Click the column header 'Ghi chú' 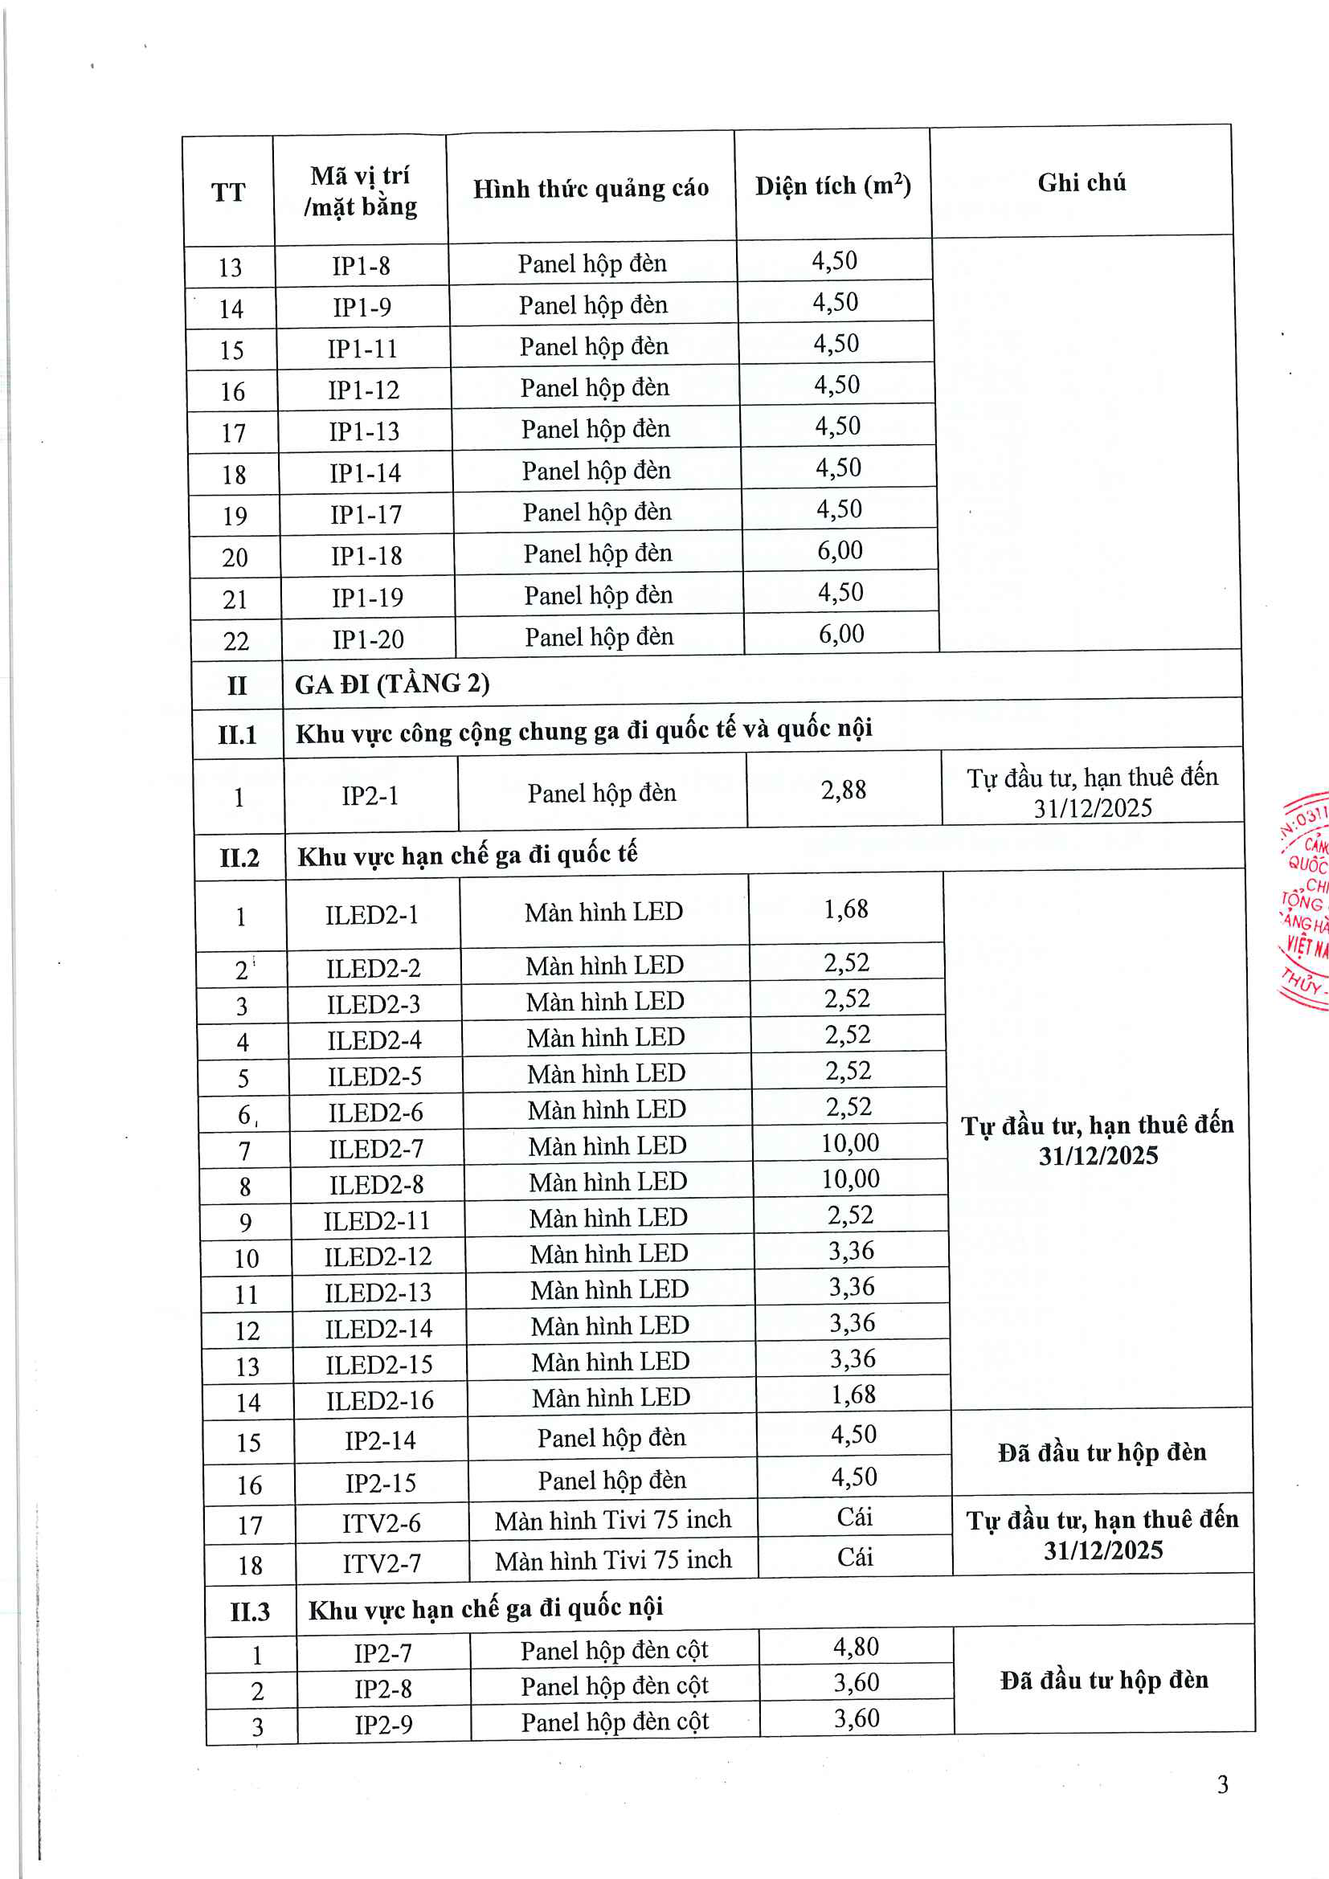point(1081,182)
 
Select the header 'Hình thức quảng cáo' point(590,189)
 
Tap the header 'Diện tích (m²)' point(832,186)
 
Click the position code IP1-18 point(366,557)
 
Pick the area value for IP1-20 point(841,635)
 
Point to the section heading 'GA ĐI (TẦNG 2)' point(392,684)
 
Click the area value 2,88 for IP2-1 point(843,790)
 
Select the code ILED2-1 point(371,915)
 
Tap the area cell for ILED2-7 point(849,1143)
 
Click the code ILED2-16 point(380,1401)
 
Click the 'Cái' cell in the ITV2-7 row point(854,1558)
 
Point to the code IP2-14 point(380,1441)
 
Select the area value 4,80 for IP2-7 point(856,1647)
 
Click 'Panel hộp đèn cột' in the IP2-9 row point(615,1722)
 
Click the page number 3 point(1222,1785)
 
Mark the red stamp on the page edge point(1305,901)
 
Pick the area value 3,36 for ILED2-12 point(851,1252)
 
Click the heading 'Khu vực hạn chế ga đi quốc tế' point(467,856)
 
